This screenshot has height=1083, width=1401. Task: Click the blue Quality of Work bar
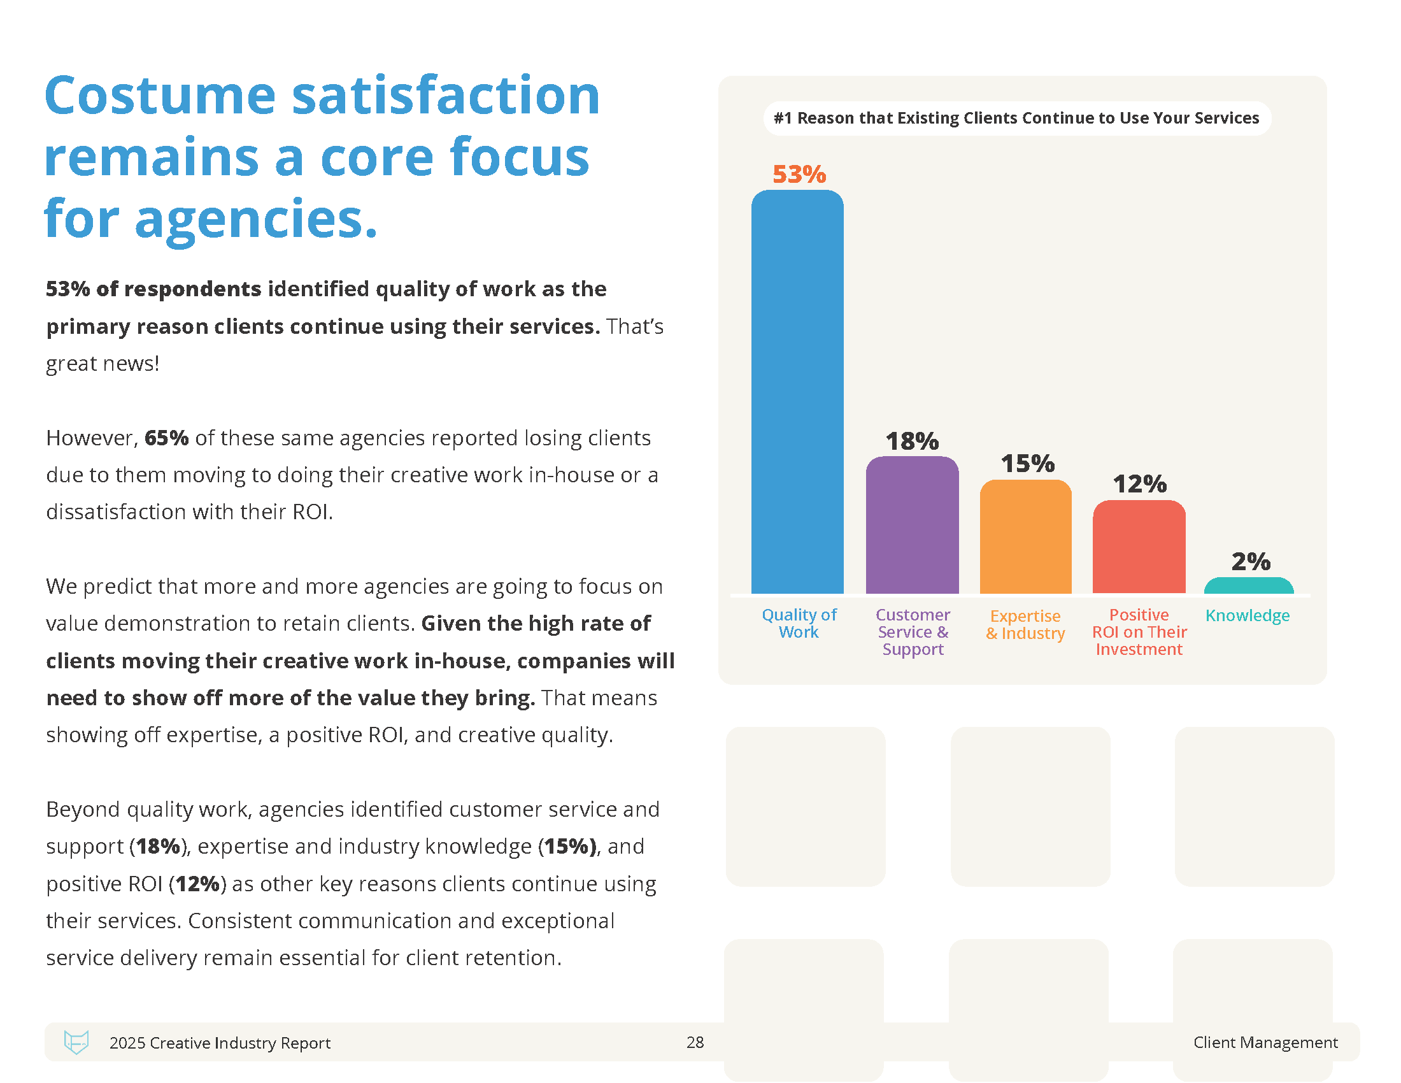797,391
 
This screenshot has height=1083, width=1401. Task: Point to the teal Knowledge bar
1248,585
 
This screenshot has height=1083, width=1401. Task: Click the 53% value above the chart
799,175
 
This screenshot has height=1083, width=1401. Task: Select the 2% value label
1250,561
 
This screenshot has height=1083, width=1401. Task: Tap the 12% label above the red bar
1139,484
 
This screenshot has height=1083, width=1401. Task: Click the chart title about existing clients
1016,118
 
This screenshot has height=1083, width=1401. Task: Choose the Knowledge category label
1247,615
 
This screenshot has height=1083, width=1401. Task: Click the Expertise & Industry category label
1025,624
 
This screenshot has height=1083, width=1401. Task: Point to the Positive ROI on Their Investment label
1139,632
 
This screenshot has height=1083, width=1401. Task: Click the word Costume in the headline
160,96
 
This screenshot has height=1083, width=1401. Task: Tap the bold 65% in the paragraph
166,438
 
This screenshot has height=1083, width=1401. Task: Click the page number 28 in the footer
695,1042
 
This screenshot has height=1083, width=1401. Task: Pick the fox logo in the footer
76,1042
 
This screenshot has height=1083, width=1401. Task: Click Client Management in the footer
1265,1042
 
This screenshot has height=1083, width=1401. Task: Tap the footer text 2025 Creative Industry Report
220,1043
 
